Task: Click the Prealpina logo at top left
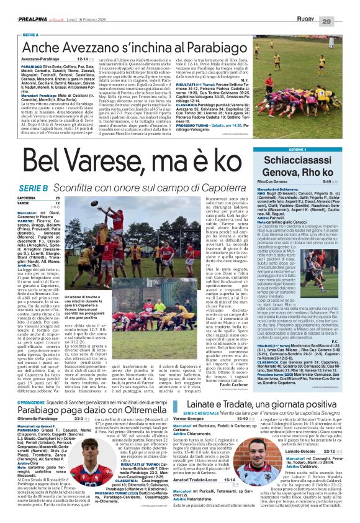tap(22, 4)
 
